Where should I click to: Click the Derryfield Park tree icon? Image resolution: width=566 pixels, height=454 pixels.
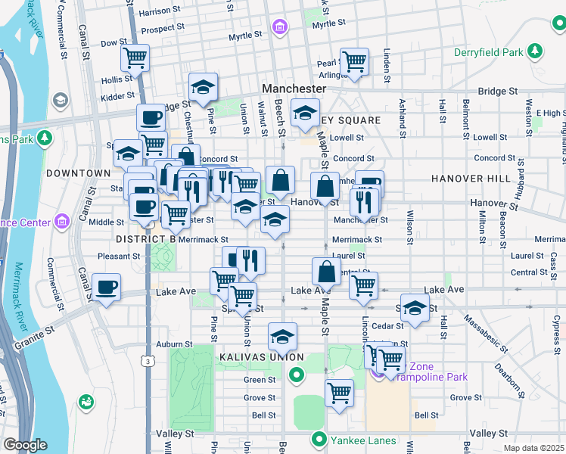click(536, 51)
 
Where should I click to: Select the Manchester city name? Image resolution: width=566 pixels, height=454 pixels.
click(294, 89)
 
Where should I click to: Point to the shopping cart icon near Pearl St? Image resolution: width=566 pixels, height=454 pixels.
click(354, 61)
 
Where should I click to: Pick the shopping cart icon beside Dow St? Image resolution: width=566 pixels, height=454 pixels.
click(135, 57)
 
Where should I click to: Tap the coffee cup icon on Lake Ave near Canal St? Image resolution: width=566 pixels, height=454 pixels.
click(106, 288)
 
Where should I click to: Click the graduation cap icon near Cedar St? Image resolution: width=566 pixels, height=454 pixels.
click(415, 307)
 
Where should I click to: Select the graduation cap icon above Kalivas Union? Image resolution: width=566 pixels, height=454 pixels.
click(282, 335)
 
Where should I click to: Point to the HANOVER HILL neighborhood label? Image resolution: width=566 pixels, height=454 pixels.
click(462, 178)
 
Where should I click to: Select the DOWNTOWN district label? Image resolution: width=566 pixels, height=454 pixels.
click(78, 173)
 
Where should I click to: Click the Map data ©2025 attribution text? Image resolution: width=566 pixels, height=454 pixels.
click(534, 448)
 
